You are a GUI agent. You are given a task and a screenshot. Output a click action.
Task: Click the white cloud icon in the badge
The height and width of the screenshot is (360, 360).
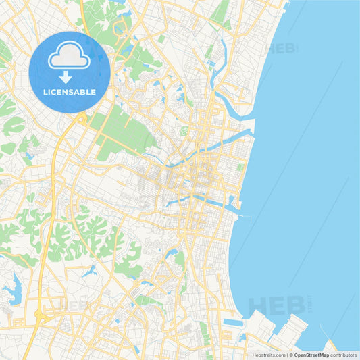pos(70,57)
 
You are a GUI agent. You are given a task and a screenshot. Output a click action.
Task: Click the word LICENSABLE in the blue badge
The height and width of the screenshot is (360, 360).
pos(70,91)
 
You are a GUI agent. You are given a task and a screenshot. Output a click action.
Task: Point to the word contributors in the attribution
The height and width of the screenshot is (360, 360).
pos(343,355)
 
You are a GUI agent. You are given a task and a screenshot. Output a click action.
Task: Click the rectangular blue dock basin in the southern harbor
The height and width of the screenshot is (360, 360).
pos(233,323)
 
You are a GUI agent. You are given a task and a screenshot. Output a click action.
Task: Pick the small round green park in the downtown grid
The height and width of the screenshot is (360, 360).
pos(184,130)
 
